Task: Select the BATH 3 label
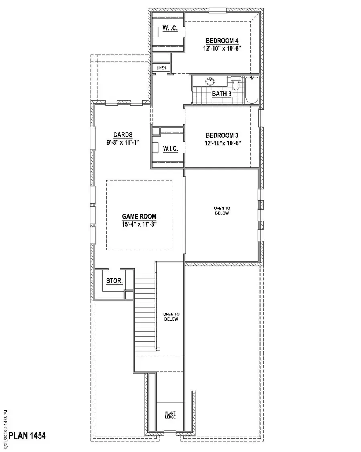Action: (222, 94)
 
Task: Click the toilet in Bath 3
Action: (237, 84)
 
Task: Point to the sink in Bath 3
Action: (209, 81)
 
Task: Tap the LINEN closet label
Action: (161, 68)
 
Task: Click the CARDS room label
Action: (123, 135)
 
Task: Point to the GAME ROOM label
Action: (139, 216)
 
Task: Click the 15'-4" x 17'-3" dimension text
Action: (139, 224)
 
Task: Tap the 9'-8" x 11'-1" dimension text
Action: (123, 142)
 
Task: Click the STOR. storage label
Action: (114, 281)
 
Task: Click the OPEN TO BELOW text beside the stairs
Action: (170, 317)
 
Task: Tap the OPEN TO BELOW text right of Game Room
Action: (222, 211)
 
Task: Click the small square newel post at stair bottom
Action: (158, 349)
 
